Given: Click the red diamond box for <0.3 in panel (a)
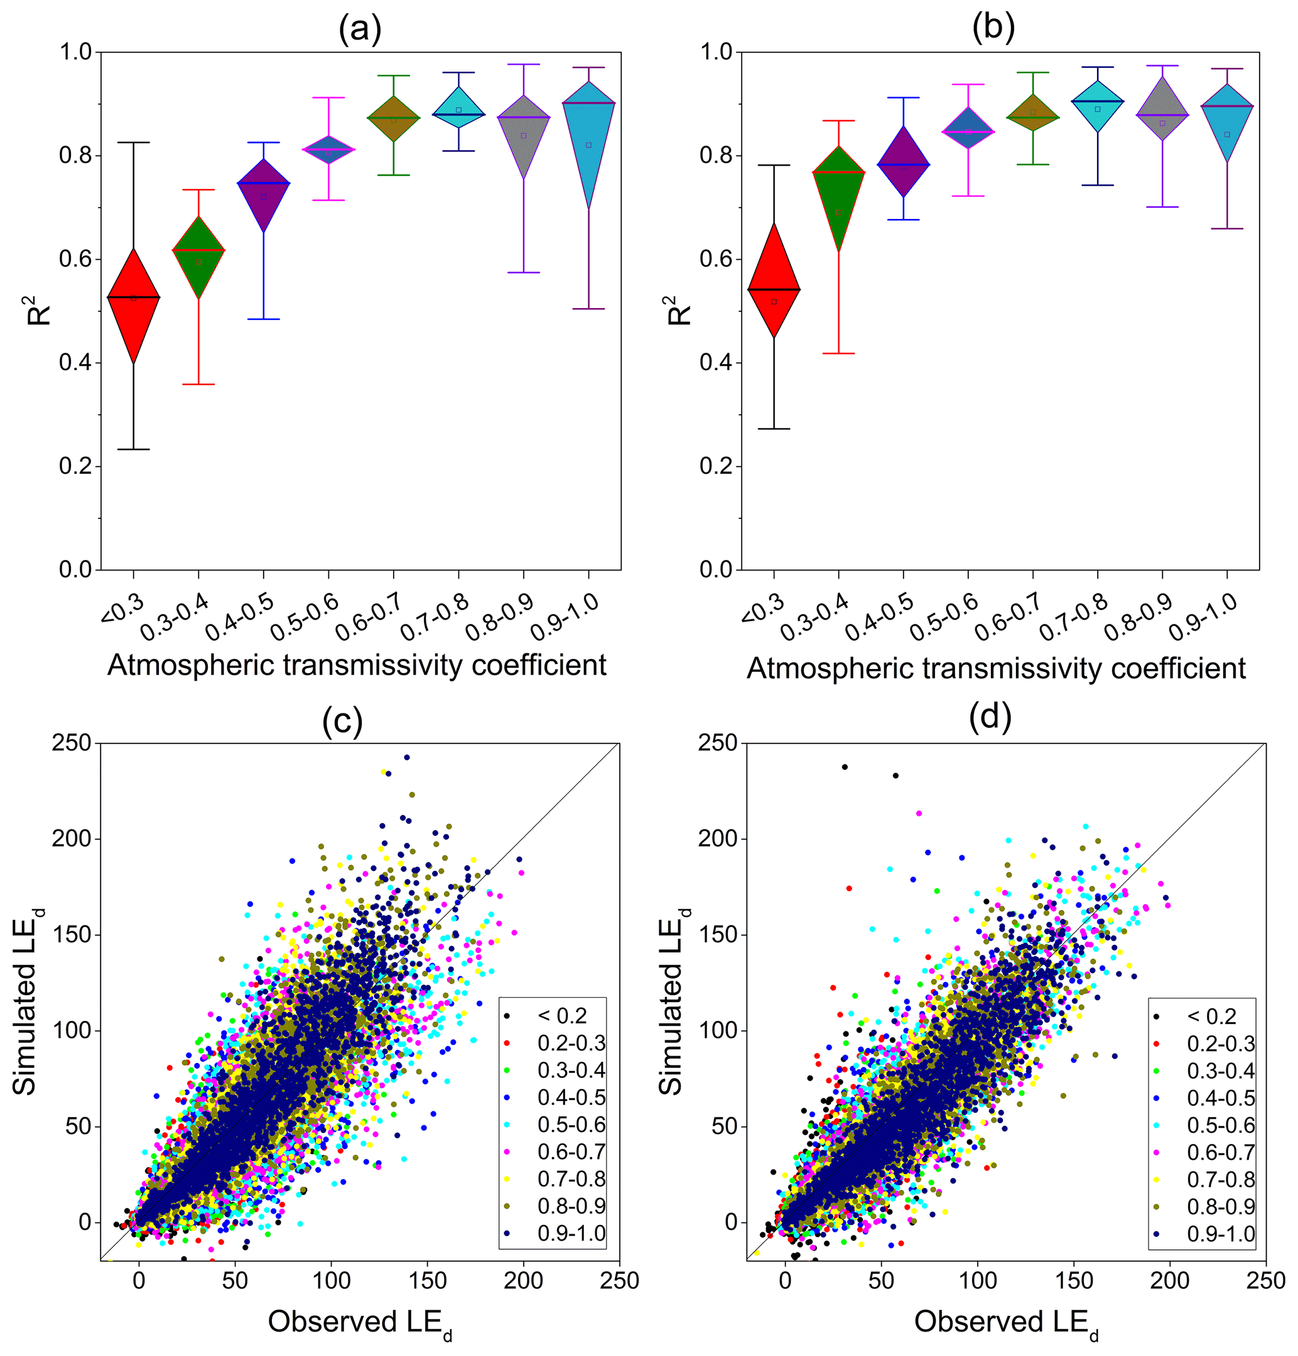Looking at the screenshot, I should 133,305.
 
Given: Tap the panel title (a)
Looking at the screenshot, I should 360,29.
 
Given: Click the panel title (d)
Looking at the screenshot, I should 990,717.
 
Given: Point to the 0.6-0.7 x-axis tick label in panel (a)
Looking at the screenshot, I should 369,616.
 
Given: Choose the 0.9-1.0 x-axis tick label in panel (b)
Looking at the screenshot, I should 1204,617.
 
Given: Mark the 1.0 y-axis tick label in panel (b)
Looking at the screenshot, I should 716,52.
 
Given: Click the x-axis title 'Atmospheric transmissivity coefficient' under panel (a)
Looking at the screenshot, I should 357,665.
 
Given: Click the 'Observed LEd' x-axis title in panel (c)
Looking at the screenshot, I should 360,1321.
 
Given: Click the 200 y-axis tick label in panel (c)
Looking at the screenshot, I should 71,839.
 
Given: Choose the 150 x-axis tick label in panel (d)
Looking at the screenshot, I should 1074,1281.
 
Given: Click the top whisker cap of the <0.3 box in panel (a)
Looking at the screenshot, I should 133,142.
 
